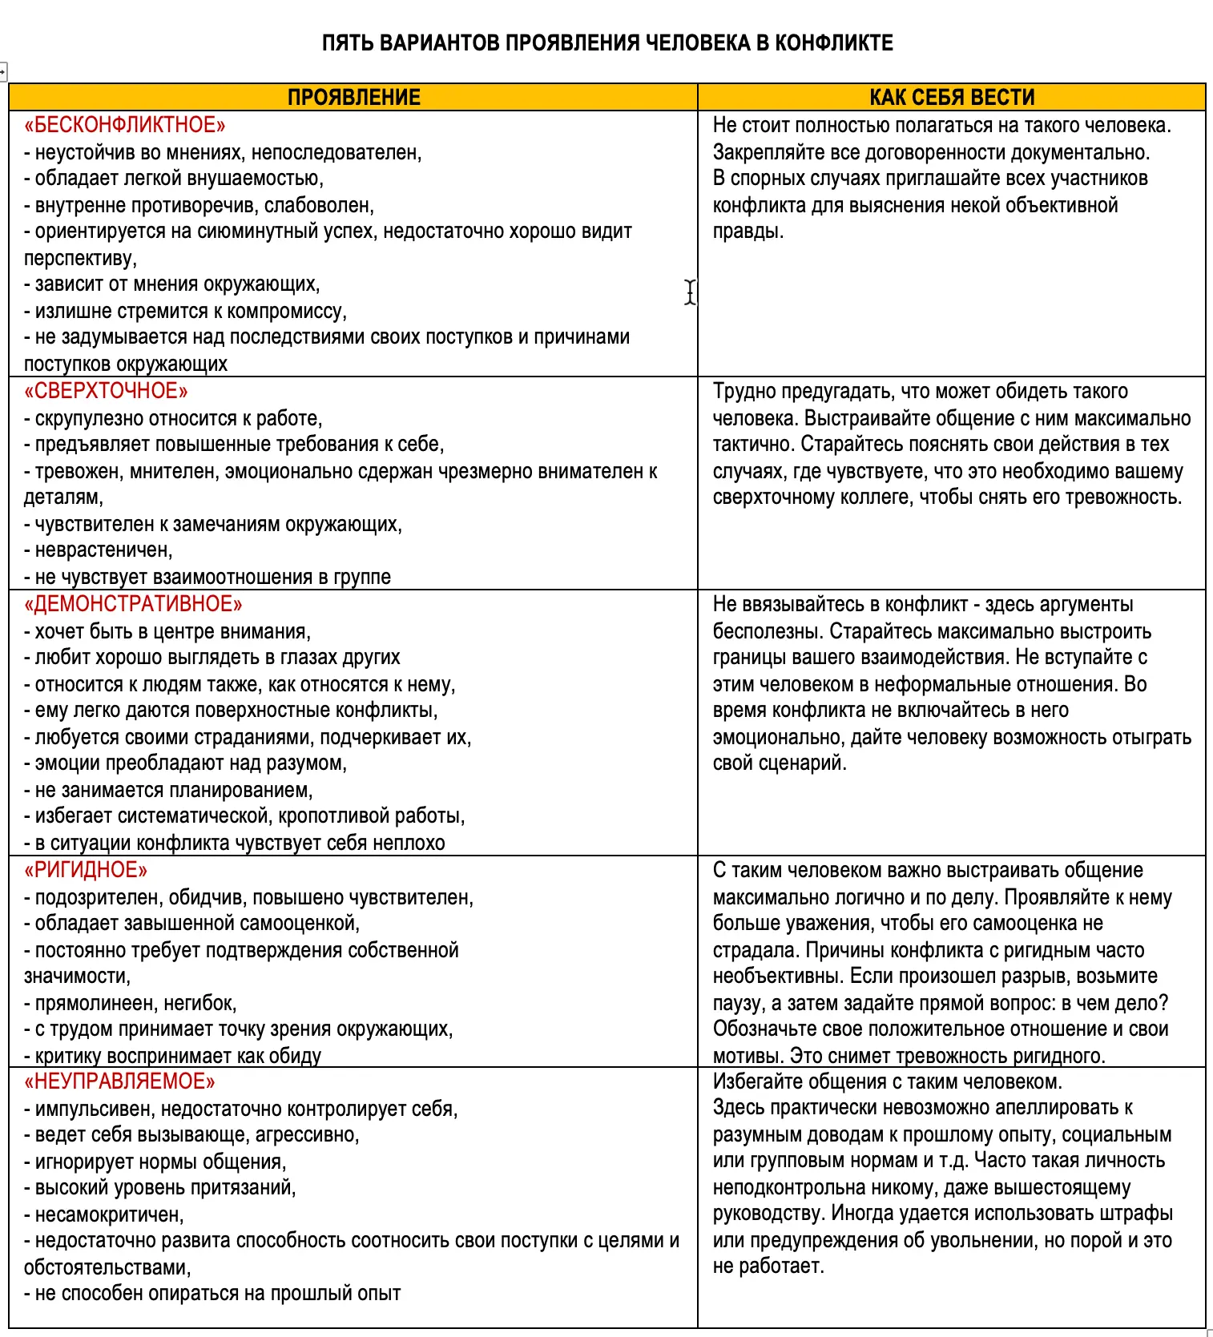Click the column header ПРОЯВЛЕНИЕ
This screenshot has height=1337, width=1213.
point(353,97)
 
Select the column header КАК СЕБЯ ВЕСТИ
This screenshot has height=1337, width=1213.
point(952,97)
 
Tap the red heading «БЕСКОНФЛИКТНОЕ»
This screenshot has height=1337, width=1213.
point(125,125)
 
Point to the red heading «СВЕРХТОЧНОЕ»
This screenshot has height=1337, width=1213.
point(107,391)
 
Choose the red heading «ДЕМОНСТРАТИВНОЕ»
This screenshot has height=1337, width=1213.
point(133,604)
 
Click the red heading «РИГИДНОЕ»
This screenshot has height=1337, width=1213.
point(86,870)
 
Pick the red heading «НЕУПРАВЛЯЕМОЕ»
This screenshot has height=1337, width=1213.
point(120,1081)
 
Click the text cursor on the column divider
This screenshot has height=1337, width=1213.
point(690,292)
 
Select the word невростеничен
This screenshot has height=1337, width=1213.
point(103,550)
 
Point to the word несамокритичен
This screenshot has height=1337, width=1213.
point(109,1214)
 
